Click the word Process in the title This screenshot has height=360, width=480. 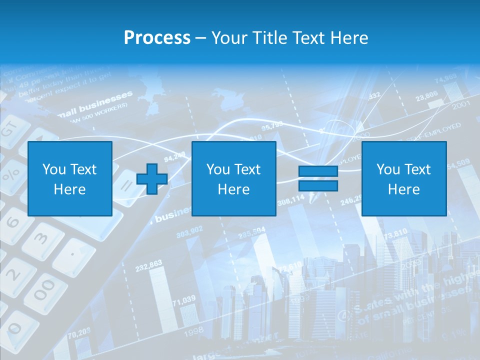click(x=157, y=38)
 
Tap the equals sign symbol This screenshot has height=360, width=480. click(x=318, y=178)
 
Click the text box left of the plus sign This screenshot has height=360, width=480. click(x=70, y=178)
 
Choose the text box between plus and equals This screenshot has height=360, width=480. click(x=233, y=178)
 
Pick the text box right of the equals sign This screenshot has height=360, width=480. click(x=403, y=178)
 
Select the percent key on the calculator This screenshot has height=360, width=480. click(x=11, y=175)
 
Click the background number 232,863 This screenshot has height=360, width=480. click(x=148, y=263)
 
